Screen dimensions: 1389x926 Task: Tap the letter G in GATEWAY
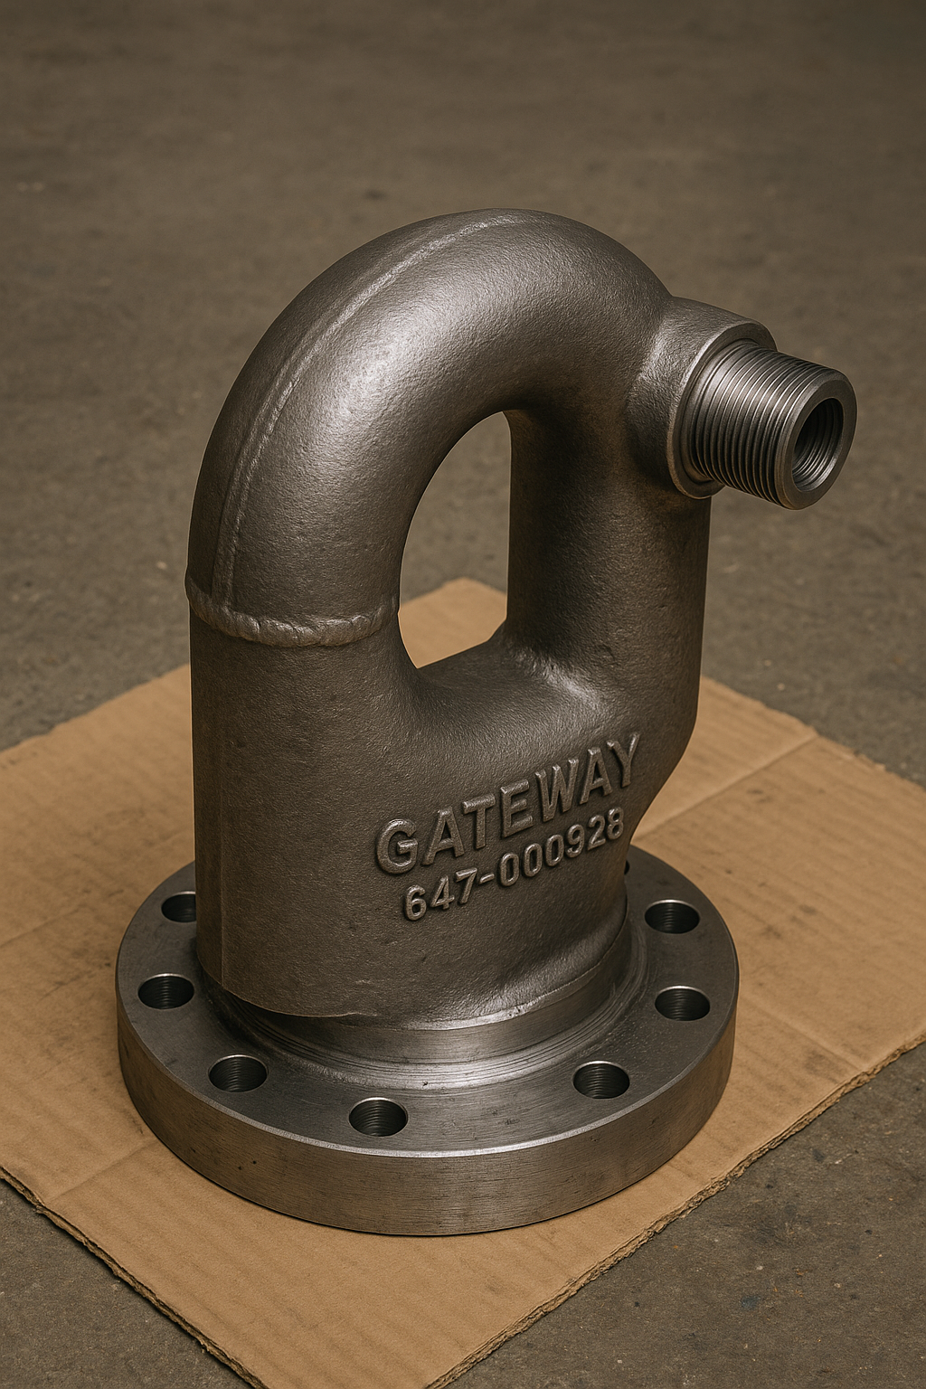click(x=397, y=846)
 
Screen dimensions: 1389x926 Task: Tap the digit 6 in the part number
click(x=417, y=902)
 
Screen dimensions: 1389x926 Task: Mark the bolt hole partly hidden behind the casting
click(x=180, y=905)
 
